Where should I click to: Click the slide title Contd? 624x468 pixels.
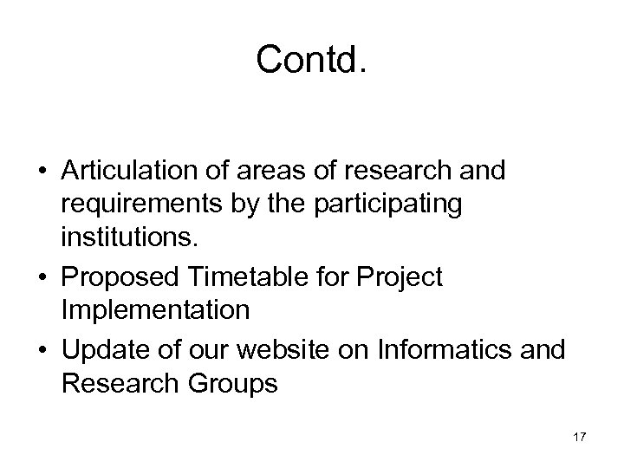point(312,60)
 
